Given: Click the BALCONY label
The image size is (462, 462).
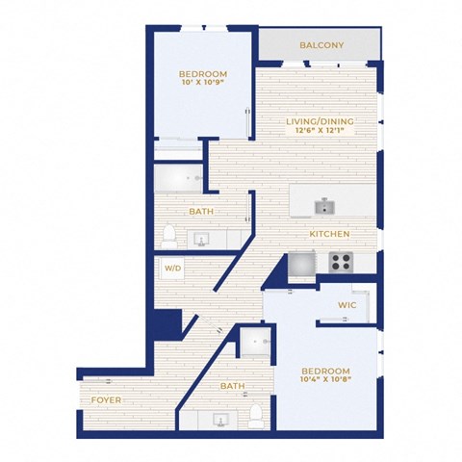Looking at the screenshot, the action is (x=321, y=45).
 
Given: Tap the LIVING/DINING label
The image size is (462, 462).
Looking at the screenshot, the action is (x=320, y=121).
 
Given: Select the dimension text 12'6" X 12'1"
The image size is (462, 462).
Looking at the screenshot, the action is (x=320, y=130).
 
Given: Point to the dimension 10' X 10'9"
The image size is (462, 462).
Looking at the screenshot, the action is (x=203, y=83).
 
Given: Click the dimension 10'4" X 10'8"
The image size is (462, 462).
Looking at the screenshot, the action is (x=326, y=378).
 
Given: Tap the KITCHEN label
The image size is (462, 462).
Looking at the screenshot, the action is (x=329, y=234).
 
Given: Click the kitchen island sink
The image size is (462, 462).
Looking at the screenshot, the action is (x=324, y=206).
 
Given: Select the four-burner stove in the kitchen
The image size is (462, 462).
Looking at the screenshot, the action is (x=341, y=262).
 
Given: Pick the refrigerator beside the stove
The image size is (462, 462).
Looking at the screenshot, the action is (x=301, y=264).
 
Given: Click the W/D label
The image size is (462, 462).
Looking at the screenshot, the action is (x=172, y=268).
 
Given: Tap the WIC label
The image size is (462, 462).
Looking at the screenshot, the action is (x=347, y=305).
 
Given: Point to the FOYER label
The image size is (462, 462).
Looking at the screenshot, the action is (x=106, y=400).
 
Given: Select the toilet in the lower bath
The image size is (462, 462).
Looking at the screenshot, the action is (x=256, y=416).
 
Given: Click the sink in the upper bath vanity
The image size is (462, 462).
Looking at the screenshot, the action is (x=201, y=240).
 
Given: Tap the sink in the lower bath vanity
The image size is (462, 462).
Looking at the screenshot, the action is (x=220, y=420).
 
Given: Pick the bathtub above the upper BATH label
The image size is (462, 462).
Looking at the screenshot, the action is (x=179, y=178).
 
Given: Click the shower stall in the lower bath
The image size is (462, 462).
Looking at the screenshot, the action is (x=255, y=343).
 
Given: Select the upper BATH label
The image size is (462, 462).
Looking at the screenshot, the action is (x=201, y=212).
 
